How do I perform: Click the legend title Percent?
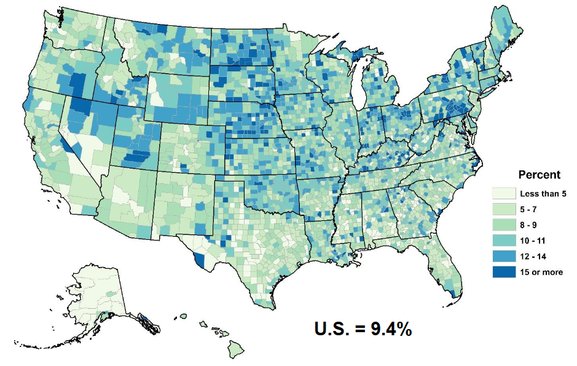(539, 174)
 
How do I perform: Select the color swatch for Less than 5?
(504, 193)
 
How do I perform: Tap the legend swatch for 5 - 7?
(504, 209)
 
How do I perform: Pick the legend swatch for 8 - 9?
(504, 225)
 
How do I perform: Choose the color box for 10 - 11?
(504, 241)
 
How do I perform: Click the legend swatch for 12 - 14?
(504, 256)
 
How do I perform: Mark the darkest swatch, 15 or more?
(504, 272)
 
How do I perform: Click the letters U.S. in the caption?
(332, 329)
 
